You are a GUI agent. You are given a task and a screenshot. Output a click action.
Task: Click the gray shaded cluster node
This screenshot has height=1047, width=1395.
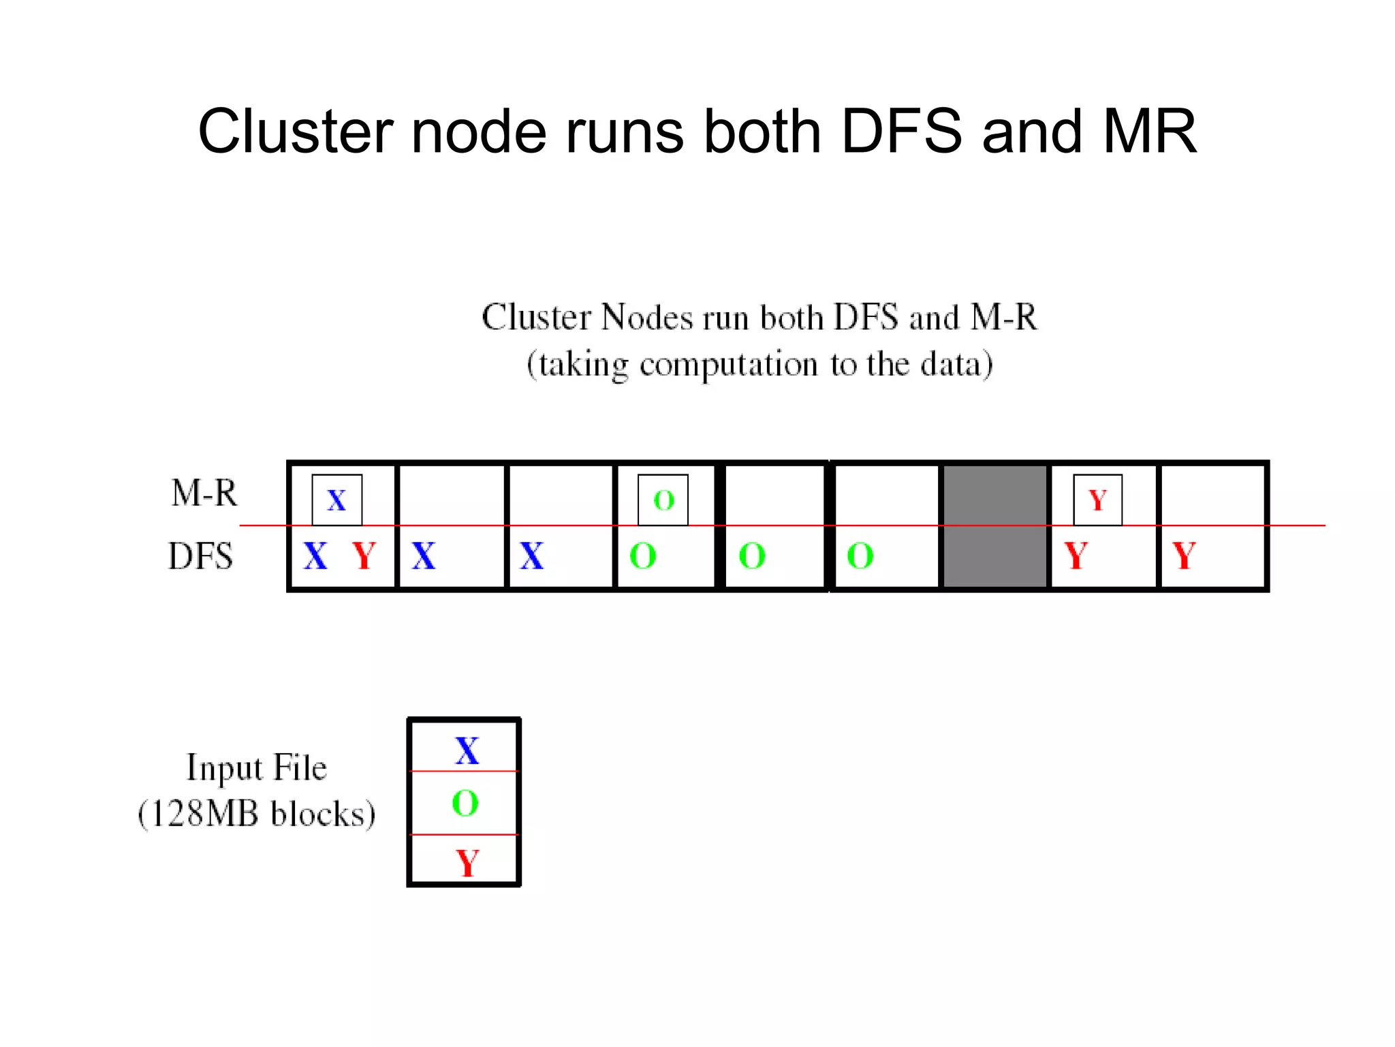pyautogui.click(x=994, y=526)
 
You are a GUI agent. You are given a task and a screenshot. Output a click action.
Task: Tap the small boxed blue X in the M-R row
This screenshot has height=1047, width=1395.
pyautogui.click(x=336, y=500)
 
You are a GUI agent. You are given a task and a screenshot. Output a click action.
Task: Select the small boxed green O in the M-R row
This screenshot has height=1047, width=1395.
pyautogui.click(x=663, y=500)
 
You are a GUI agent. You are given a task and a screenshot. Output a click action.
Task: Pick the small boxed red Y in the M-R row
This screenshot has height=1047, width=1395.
pyautogui.click(x=1097, y=500)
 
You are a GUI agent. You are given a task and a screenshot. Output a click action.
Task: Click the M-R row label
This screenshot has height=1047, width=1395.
pyautogui.click(x=204, y=493)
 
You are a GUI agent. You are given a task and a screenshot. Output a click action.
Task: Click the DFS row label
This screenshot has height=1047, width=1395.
pyautogui.click(x=201, y=556)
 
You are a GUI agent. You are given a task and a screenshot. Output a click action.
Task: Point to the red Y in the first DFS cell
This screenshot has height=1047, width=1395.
pyautogui.click(x=364, y=556)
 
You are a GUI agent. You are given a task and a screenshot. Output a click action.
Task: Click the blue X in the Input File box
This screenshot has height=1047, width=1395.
pyautogui.click(x=467, y=750)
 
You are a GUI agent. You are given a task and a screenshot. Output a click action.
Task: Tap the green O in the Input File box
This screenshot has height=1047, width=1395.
pyautogui.click(x=465, y=803)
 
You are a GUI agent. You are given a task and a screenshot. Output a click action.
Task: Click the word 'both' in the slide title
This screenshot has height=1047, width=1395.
pyautogui.click(x=762, y=131)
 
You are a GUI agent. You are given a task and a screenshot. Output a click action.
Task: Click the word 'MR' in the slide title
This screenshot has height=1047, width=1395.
pyautogui.click(x=1149, y=131)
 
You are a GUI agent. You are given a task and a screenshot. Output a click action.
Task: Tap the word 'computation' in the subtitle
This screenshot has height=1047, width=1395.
pyautogui.click(x=728, y=365)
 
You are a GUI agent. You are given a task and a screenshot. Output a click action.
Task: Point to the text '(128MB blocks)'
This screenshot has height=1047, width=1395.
pyautogui.click(x=257, y=814)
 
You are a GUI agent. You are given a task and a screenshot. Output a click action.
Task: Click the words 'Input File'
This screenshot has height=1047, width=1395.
pyautogui.click(x=257, y=768)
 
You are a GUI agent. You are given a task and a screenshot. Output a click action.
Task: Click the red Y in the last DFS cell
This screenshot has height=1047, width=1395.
pyautogui.click(x=1184, y=556)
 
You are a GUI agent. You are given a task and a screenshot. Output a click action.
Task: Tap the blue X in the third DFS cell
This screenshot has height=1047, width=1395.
pyautogui.click(x=532, y=556)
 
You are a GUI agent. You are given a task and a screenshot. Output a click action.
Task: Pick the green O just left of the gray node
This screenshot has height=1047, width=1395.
pyautogui.click(x=860, y=556)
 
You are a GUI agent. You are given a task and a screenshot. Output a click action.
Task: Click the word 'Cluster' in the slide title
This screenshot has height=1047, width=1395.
pyautogui.click(x=295, y=131)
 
